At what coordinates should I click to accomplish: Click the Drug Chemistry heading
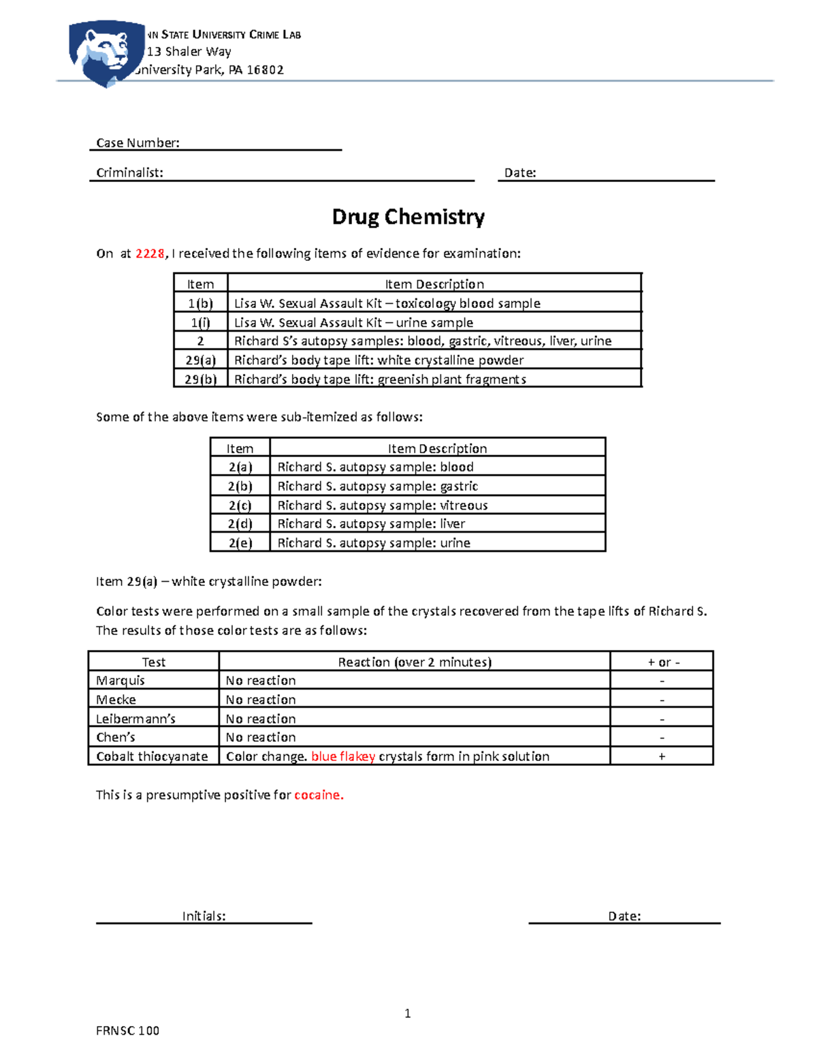[408, 217]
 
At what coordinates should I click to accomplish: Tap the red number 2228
[150, 253]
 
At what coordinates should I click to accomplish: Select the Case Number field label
[138, 143]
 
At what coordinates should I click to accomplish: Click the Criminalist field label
[129, 173]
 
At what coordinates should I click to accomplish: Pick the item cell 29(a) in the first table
[200, 360]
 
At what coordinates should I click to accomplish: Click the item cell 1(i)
[200, 322]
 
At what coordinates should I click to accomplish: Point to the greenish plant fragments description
[380, 379]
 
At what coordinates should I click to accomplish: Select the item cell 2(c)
[240, 505]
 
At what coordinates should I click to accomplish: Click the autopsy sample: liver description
[371, 524]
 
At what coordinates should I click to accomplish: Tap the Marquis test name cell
[121, 681]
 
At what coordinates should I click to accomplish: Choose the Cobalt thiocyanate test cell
[152, 756]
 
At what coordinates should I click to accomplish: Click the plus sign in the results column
[662, 756]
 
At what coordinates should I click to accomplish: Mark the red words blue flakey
[343, 756]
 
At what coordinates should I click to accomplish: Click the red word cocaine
[319, 795]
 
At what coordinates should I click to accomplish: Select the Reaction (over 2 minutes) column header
[415, 662]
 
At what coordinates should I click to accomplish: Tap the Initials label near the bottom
[204, 916]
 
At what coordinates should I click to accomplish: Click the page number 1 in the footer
[407, 1014]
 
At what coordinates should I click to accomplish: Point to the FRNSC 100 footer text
[127, 1031]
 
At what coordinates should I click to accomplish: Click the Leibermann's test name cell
[135, 719]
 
